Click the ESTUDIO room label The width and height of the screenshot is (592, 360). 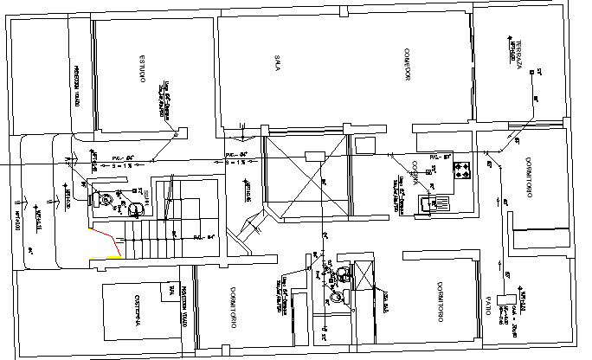pyautogui.click(x=139, y=69)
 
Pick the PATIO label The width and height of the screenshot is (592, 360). pyautogui.click(x=489, y=306)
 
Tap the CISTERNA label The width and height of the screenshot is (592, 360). pyautogui.click(x=138, y=309)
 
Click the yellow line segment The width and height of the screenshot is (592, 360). pyautogui.click(x=113, y=257)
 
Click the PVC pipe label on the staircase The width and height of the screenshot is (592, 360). pyautogui.click(x=202, y=235)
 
